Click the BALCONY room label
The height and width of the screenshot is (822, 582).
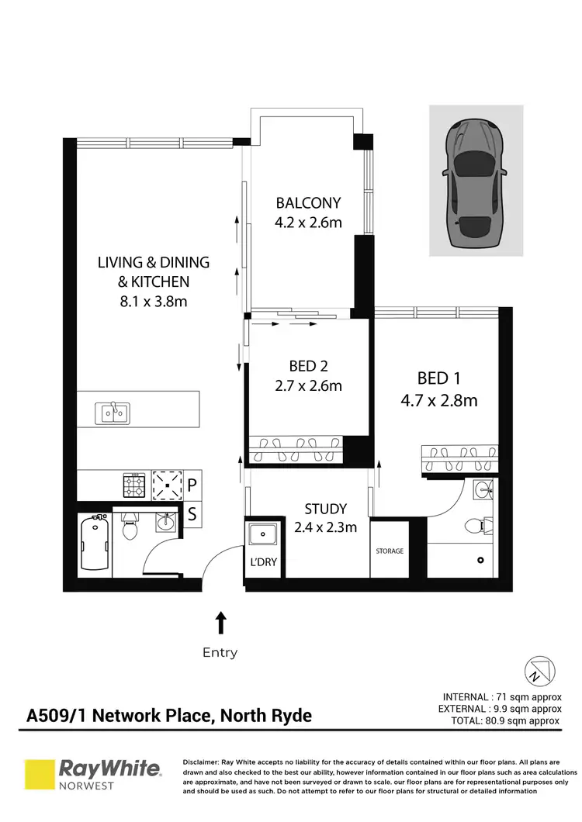[x=308, y=203]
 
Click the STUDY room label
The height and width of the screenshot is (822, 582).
[x=325, y=509]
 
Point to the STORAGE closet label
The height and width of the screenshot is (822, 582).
[x=390, y=551]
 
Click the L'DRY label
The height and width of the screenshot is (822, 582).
[x=261, y=561]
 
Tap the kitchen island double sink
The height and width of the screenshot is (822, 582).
[x=113, y=413]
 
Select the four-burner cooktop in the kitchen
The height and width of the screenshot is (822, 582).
[x=135, y=485]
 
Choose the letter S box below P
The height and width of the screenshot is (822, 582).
[x=192, y=512]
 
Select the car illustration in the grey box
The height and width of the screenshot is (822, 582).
[x=475, y=180]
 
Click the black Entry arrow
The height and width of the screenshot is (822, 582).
[x=220, y=622]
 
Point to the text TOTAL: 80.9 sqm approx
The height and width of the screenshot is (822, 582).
[x=505, y=720]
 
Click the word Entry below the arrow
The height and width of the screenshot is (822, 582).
[x=220, y=652]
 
